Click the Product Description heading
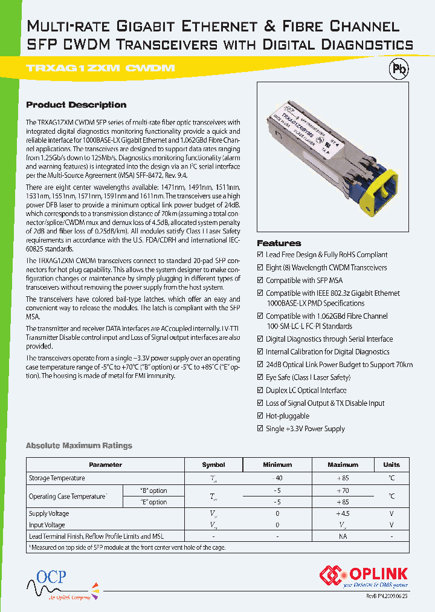pos(76,105)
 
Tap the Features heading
pos(279,243)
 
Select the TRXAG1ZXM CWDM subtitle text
pos(100,68)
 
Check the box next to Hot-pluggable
pos(260,416)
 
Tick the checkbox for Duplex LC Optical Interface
pos(260,391)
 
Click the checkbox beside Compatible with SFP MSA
pos(260,281)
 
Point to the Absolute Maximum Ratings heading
pos(79,446)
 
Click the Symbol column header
pos(213,464)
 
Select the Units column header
pos(391,464)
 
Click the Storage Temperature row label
pos(57,478)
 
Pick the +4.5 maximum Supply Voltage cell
pos(343,513)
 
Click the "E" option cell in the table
pos(153,502)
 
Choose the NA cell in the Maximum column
pos(343,536)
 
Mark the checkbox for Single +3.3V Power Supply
pos(260,429)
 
